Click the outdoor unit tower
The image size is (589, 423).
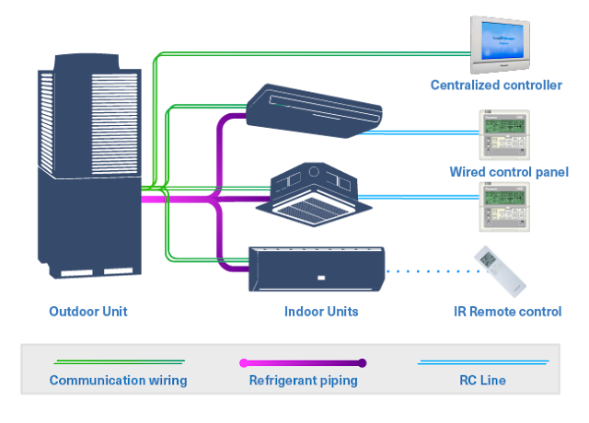(88, 170)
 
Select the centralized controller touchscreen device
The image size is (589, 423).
(502, 43)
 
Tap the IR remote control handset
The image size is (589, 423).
(500, 270)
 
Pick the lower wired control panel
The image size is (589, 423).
(502, 206)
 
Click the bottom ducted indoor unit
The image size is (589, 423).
(316, 268)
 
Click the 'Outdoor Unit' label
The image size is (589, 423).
(88, 311)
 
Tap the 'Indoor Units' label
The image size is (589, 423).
(321, 311)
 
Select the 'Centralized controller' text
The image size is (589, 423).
(496, 86)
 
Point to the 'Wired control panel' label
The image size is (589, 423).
(509, 172)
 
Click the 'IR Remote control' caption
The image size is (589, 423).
(508, 311)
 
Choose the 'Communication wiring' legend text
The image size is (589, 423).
(118, 380)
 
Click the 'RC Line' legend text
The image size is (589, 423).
(483, 380)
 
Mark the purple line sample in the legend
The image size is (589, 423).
(303, 362)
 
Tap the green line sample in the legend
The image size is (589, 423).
(118, 361)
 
